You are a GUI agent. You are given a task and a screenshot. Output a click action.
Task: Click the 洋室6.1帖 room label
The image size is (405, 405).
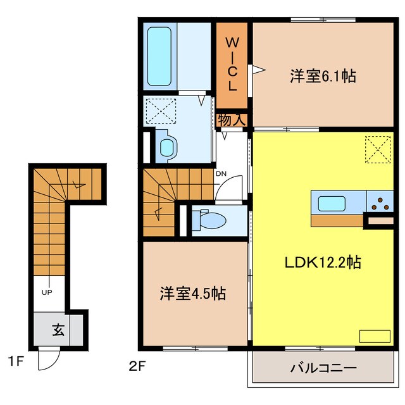point(322,77)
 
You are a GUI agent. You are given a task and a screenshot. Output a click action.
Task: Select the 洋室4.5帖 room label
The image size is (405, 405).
point(192,294)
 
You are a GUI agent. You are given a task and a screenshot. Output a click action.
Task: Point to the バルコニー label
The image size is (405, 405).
point(324,368)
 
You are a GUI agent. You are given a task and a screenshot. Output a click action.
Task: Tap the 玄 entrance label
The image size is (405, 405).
point(58,330)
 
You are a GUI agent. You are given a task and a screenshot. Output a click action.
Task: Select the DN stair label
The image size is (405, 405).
point(221,173)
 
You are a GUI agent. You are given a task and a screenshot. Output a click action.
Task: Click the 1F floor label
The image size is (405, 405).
point(16,363)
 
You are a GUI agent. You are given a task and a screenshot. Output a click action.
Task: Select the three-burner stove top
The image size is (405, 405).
point(380,204)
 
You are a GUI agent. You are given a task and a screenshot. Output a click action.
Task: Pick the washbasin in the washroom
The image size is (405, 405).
point(168,147)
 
